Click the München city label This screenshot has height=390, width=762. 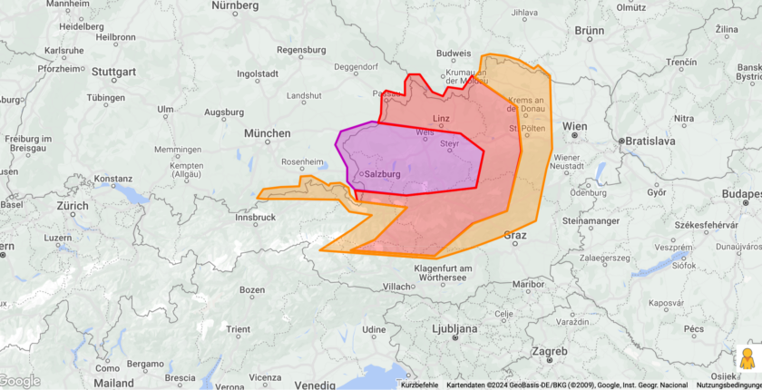[x=267, y=133]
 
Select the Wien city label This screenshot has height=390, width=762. [x=573, y=126]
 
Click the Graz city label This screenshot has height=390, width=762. [x=514, y=235]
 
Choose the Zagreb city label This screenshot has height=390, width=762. [x=549, y=351]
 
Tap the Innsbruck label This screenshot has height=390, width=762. [x=254, y=218]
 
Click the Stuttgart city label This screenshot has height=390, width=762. [x=114, y=72]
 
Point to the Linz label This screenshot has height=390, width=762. [x=442, y=119]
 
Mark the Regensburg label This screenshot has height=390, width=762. [x=300, y=50]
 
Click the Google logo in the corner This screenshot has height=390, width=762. [x=21, y=381]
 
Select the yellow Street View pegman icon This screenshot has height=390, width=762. [x=747, y=358]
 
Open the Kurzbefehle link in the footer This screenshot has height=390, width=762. [x=419, y=385]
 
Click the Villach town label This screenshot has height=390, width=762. [x=397, y=286]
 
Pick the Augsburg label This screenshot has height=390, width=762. [x=224, y=112]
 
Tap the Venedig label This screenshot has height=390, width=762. [x=314, y=376]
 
